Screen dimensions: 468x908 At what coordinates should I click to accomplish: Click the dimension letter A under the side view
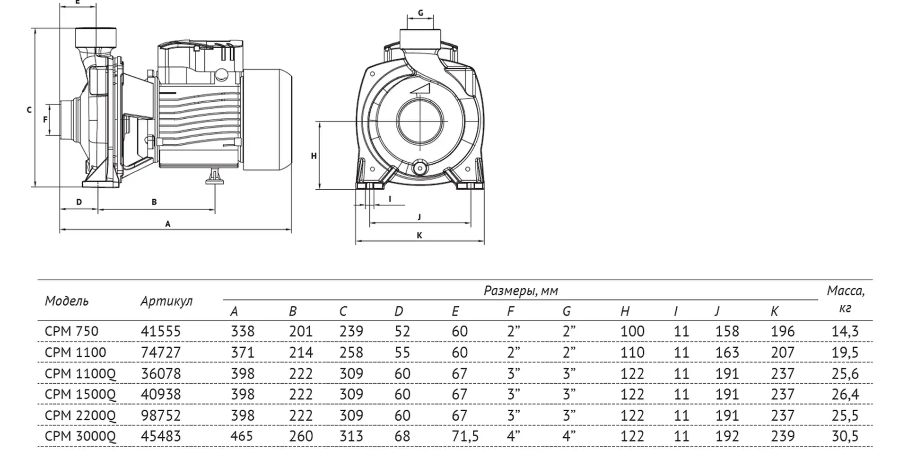coord(167,224)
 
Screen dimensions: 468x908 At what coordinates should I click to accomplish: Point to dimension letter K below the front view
coord(419,235)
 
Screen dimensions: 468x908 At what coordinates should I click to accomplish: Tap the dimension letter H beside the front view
coord(314,156)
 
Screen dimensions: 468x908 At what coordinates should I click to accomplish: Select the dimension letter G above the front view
coord(420,13)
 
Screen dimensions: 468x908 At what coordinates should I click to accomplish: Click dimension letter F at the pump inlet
coord(45,120)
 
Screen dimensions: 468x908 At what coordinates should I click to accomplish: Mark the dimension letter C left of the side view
coord(29,110)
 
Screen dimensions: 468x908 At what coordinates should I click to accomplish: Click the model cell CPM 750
coord(71,331)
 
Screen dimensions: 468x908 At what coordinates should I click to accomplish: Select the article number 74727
coord(161,353)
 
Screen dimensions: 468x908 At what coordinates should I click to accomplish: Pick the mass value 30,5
coord(845,436)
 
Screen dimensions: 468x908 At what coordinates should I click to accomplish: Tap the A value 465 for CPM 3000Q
coord(242,436)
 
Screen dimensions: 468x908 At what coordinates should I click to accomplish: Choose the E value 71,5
coord(465,436)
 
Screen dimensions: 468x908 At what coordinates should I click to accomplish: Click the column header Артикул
coord(166,301)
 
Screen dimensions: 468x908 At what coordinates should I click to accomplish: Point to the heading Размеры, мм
coord(521,291)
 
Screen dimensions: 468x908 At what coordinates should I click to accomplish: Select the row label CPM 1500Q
coord(80,394)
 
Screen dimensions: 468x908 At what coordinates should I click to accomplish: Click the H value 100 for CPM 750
coord(632,331)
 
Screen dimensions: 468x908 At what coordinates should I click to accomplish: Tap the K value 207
coord(782,353)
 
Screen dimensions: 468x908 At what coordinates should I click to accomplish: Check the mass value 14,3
coord(845,331)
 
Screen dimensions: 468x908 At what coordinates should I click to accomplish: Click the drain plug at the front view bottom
coord(419,167)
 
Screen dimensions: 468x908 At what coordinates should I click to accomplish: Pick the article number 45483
coord(161,436)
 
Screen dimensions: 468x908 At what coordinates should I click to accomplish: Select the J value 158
coord(727,331)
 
